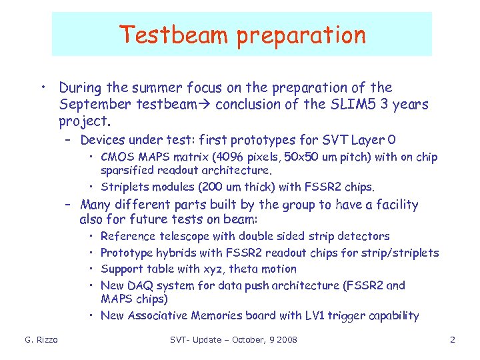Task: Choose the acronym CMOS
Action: click(x=117, y=158)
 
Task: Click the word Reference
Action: click(x=127, y=237)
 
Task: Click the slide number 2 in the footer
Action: click(x=452, y=341)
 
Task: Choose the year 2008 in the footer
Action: click(x=286, y=341)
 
